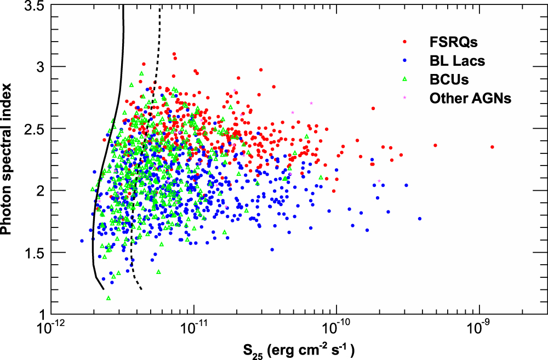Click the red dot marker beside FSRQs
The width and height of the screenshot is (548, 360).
pyautogui.click(x=404, y=42)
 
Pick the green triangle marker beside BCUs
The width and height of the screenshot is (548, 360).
pyautogui.click(x=404, y=79)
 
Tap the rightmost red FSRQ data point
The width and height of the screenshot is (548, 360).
pyautogui.click(x=492, y=147)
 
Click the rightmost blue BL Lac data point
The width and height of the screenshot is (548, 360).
pyautogui.click(x=420, y=219)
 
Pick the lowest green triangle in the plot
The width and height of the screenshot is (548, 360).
pyautogui.click(x=109, y=298)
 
